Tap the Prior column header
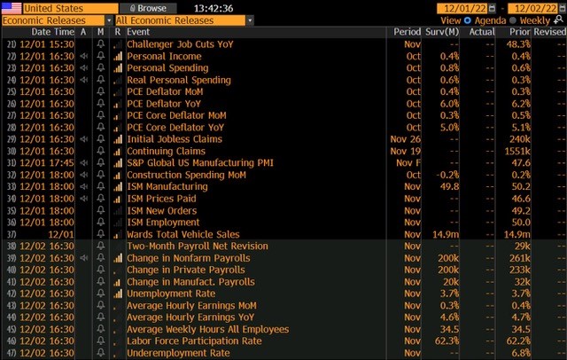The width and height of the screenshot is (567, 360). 517,32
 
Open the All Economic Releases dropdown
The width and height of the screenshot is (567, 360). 184,20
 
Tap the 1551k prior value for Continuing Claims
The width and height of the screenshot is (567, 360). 517,151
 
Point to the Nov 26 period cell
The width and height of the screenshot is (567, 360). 407,139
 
